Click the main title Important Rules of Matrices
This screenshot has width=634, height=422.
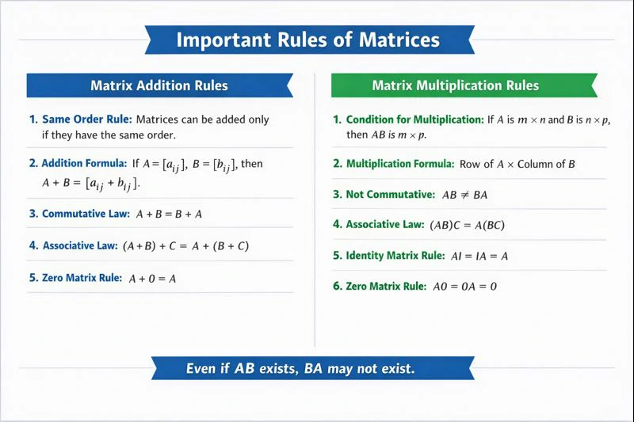pyautogui.click(x=307, y=40)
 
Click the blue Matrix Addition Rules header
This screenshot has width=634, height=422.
pyautogui.click(x=159, y=86)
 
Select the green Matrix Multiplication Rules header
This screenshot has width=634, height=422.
pyautogui.click(x=456, y=86)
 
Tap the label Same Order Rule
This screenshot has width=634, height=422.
pyautogui.click(x=86, y=120)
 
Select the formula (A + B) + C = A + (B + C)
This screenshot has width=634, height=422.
pyautogui.click(x=186, y=246)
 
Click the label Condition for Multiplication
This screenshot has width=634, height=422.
pyautogui.click(x=414, y=120)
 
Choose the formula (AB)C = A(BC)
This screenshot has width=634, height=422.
pyautogui.click(x=468, y=226)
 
